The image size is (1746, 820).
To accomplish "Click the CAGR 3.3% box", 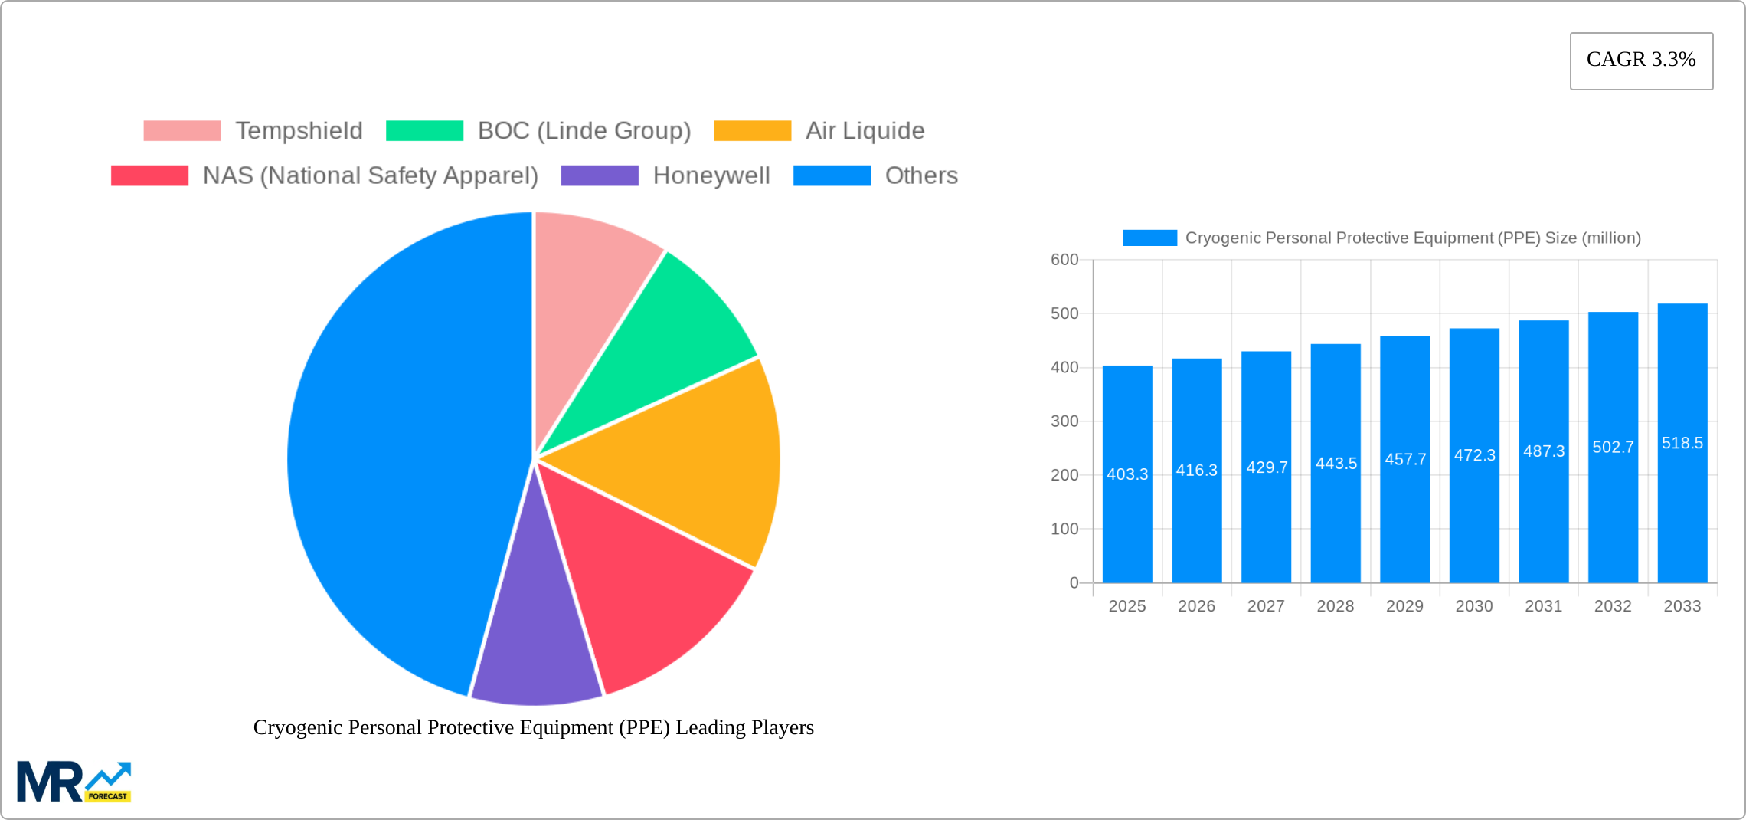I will coord(1641,61).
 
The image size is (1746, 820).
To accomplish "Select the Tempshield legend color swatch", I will coord(182,131).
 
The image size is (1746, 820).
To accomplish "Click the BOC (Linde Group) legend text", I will coord(584,131).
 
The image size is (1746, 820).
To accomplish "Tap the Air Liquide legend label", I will coord(865,131).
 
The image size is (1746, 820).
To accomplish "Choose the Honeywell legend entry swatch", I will coord(600,175).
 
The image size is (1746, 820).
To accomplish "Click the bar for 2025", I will coord(1127,521).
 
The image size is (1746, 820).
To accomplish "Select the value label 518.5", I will coord(1682,443).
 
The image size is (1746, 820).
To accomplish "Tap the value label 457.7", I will coord(1405,459).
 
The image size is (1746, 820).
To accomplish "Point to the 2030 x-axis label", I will coord(1474,606).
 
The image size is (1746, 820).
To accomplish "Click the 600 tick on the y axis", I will coord(1064,260).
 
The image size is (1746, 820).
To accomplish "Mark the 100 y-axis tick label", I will coord(1064,529).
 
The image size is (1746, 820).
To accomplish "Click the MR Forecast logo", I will coord(74,782).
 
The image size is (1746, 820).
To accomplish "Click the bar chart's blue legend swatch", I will coord(1149,238).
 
